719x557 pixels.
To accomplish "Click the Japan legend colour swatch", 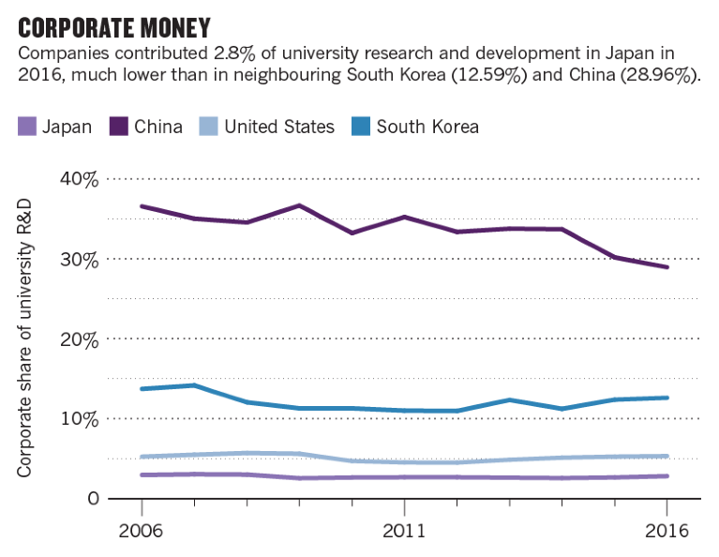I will [26, 127].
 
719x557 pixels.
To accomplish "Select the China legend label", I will [158, 127].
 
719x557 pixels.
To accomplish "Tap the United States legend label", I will [279, 127].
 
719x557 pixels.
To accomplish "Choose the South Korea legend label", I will [427, 127].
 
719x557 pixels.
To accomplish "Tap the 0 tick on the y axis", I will [93, 498].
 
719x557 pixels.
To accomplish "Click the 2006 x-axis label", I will [141, 531].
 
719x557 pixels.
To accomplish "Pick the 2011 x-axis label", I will [403, 531].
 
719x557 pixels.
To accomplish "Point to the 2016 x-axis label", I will [667, 531].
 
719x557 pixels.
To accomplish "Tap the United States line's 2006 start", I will [141, 457].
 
